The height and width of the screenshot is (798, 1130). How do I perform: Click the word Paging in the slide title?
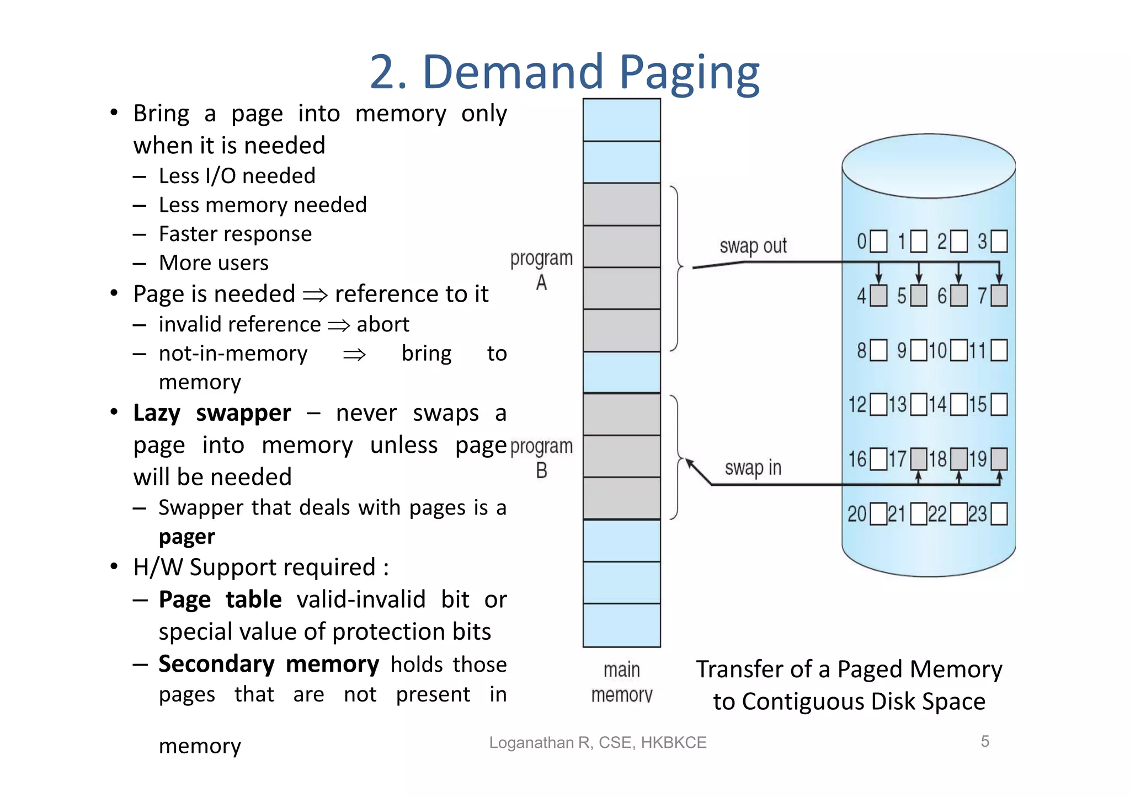[x=689, y=73]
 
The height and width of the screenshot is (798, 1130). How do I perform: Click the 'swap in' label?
[x=753, y=468]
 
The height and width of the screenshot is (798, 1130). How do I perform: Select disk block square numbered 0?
[x=878, y=242]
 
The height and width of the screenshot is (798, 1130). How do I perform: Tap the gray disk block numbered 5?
[x=919, y=296]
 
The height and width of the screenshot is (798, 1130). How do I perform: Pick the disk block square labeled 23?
[x=999, y=514]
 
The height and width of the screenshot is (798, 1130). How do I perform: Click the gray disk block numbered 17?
[x=919, y=459]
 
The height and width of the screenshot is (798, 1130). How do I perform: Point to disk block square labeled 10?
[x=959, y=350]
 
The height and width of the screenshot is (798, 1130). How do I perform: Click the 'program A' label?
[x=541, y=270]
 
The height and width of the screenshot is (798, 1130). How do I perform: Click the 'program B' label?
[x=541, y=458]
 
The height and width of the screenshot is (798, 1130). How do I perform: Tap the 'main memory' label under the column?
[x=622, y=682]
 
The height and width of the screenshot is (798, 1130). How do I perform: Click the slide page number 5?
[x=985, y=741]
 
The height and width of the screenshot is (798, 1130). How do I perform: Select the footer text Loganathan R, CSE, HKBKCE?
[x=598, y=743]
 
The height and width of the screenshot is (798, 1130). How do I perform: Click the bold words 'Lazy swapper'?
[x=212, y=413]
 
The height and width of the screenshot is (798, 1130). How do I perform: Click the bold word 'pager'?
[x=186, y=537]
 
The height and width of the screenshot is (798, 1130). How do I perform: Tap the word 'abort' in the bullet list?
[x=383, y=324]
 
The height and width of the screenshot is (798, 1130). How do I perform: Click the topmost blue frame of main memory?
[x=622, y=120]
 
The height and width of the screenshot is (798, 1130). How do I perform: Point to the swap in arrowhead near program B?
[x=690, y=463]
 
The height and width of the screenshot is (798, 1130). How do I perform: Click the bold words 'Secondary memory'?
[x=269, y=664]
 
